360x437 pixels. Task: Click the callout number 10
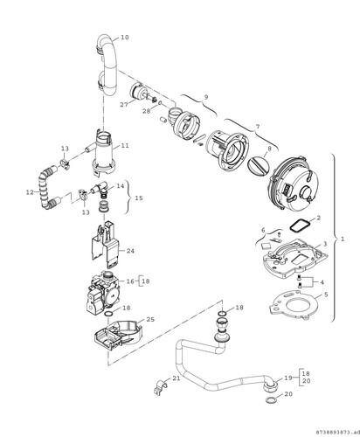125,38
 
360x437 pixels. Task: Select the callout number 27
124,105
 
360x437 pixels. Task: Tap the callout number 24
130,251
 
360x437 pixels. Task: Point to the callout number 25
150,320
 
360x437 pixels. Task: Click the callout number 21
177,378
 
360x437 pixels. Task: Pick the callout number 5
326,295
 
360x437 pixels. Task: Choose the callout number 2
318,218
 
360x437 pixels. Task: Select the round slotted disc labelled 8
257,166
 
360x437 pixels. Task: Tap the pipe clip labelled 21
161,388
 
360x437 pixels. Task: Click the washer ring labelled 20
272,399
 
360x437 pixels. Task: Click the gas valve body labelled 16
102,292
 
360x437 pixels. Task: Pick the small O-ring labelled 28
161,102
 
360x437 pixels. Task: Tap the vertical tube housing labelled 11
103,151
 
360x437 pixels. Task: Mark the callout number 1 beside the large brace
343,239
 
